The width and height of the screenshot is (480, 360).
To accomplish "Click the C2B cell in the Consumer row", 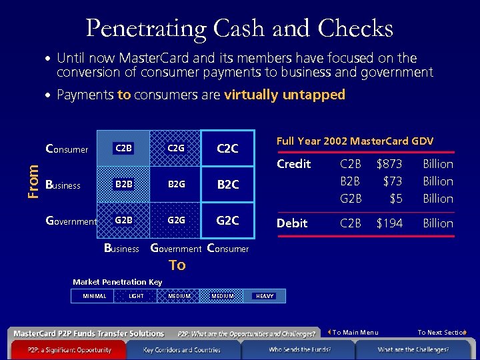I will [123, 148].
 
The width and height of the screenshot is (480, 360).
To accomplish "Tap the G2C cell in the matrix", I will [228, 219].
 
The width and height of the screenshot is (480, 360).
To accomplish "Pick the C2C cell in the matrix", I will [228, 148].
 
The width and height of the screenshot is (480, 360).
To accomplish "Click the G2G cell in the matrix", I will [176, 219].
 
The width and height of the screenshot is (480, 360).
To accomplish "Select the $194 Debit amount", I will [389, 223].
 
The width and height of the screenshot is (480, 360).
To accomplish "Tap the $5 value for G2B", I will [396, 199].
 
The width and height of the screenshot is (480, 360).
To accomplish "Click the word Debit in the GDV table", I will [292, 223].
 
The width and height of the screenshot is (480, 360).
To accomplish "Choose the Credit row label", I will [294, 164].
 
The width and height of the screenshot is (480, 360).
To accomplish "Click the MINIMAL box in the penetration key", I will [94, 296].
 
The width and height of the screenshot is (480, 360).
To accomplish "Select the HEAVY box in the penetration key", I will [265, 296].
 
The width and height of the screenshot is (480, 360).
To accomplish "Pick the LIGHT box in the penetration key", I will [136, 296].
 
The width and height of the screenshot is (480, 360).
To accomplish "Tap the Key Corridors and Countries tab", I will [182, 349].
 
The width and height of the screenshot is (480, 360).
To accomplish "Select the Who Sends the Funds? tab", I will [299, 349].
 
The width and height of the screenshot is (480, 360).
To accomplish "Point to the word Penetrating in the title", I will [147, 28].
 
